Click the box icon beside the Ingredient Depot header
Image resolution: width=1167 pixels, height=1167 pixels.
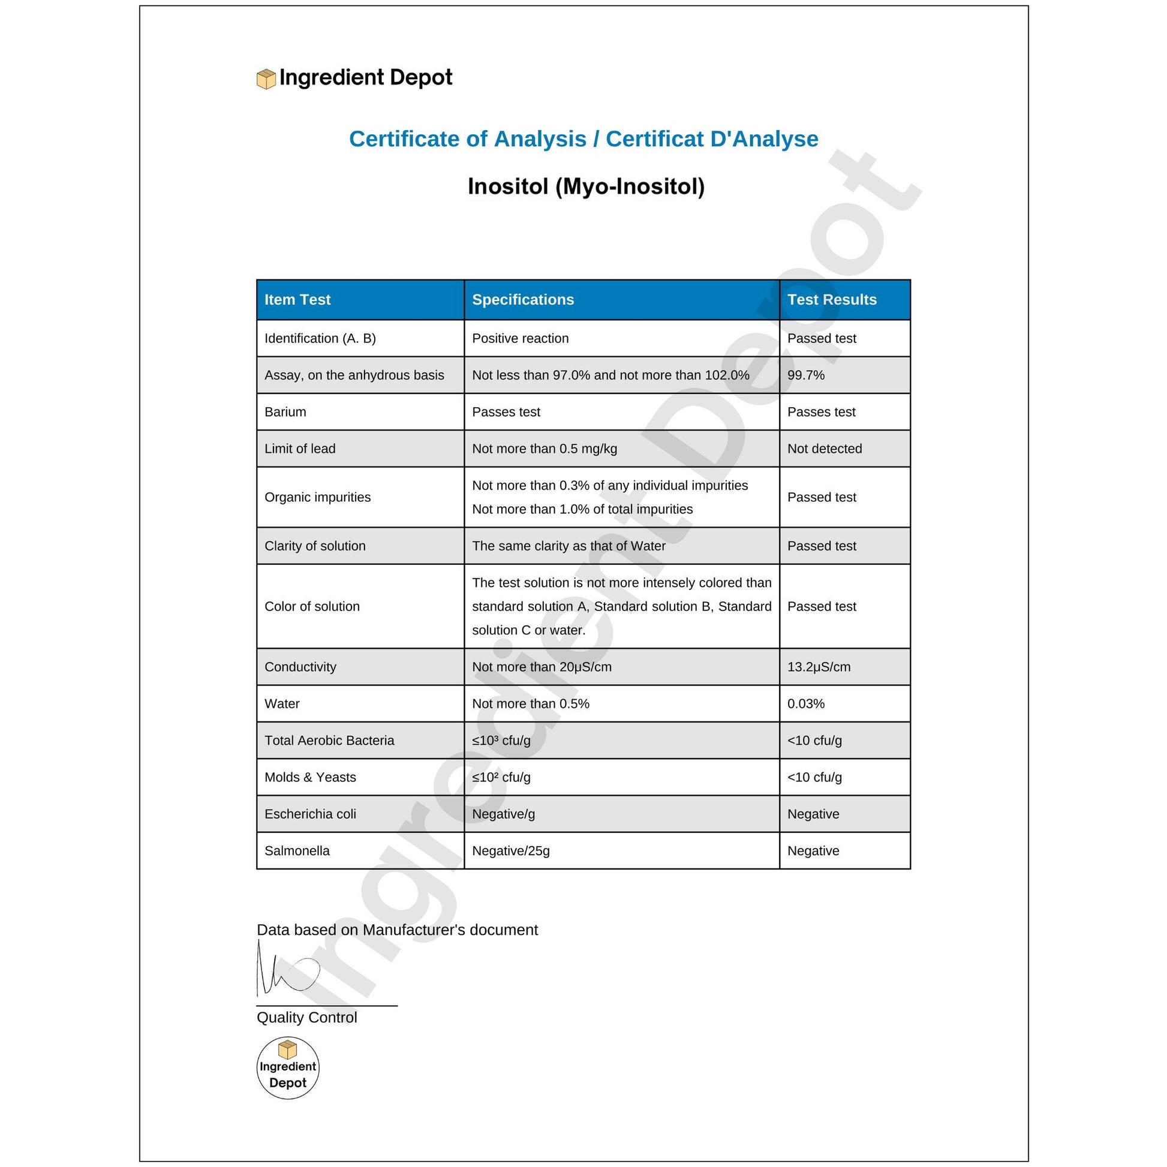(x=266, y=79)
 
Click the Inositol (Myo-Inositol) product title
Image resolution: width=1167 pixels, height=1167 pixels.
(x=586, y=187)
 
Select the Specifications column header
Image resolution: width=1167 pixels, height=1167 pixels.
(x=522, y=300)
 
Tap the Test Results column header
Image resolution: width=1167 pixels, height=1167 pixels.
(x=831, y=300)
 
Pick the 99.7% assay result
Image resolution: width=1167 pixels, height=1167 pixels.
(x=805, y=375)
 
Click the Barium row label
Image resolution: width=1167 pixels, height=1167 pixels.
(x=285, y=412)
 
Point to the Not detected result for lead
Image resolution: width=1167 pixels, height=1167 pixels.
(x=824, y=449)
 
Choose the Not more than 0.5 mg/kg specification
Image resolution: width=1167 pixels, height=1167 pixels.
(x=545, y=449)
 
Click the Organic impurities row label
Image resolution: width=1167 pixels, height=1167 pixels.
(x=317, y=497)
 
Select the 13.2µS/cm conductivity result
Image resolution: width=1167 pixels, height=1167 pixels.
(x=819, y=667)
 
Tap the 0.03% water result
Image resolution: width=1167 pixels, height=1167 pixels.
(x=805, y=703)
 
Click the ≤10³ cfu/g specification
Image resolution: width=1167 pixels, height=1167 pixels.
(x=501, y=741)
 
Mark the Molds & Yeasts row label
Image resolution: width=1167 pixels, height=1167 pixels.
(x=310, y=777)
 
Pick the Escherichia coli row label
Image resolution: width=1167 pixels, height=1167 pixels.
(x=310, y=814)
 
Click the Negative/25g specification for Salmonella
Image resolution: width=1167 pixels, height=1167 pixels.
(x=510, y=851)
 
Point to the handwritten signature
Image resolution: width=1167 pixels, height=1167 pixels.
(x=287, y=972)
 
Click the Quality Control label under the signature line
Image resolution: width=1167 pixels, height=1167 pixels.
(x=307, y=1018)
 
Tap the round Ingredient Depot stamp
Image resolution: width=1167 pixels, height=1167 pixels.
(x=287, y=1068)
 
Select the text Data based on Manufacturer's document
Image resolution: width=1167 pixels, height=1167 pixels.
(x=397, y=930)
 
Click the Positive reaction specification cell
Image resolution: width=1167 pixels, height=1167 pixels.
(x=520, y=338)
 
